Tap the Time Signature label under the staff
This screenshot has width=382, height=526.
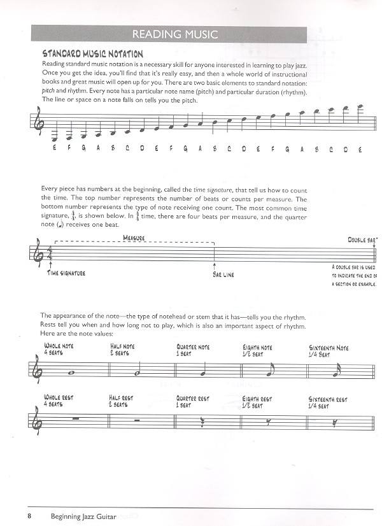pos(66,273)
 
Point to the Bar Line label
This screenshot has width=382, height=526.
pos(225,274)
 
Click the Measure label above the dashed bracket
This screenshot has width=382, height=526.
pos(134,238)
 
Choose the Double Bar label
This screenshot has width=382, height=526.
pos(363,240)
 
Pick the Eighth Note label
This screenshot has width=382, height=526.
pos(257,348)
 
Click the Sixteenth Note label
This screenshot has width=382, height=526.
pos(329,348)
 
